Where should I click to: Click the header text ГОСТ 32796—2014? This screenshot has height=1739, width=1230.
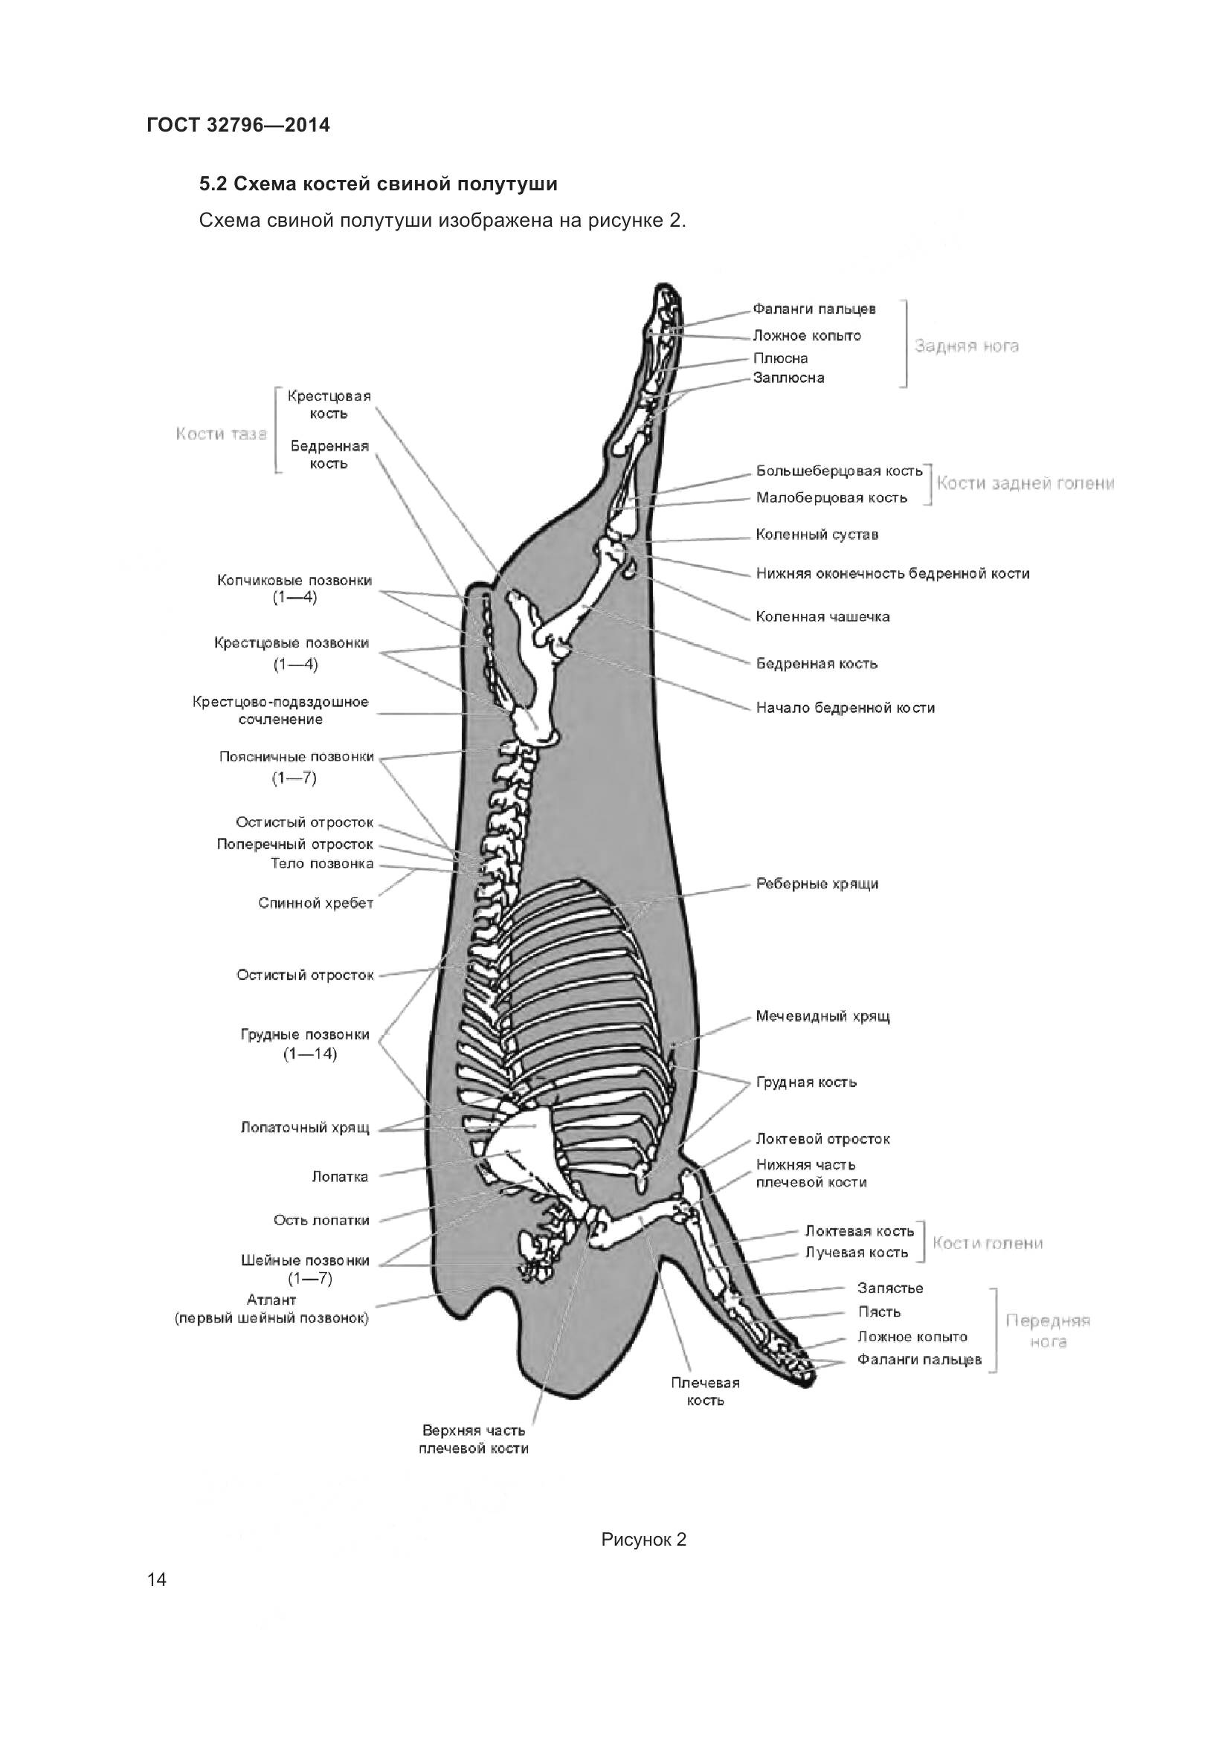[x=238, y=125]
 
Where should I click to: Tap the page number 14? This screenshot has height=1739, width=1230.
[x=157, y=1580]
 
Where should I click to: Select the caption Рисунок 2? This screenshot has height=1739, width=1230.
[x=643, y=1540]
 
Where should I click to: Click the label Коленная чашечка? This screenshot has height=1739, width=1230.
[x=822, y=616]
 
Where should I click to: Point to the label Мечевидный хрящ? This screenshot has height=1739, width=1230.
[x=822, y=1016]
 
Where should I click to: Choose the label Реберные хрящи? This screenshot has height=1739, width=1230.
[x=817, y=884]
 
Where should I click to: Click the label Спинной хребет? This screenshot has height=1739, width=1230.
[x=315, y=903]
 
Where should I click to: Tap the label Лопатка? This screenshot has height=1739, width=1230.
[x=339, y=1176]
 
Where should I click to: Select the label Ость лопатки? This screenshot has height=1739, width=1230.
[x=321, y=1220]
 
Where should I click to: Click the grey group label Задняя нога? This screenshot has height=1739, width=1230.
[x=967, y=346]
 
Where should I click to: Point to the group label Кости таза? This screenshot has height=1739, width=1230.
[x=221, y=434]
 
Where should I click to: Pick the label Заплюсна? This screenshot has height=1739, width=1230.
[x=788, y=377]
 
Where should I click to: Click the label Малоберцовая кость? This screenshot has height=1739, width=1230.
[x=831, y=497]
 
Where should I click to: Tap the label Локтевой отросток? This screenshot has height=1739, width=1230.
[x=822, y=1139]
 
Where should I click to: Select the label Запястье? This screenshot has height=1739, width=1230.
[x=890, y=1288]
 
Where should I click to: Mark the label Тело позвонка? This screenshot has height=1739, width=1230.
[x=322, y=863]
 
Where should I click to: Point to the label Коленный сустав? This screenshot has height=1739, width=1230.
[x=817, y=535]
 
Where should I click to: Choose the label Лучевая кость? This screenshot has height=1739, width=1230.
[x=856, y=1253]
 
